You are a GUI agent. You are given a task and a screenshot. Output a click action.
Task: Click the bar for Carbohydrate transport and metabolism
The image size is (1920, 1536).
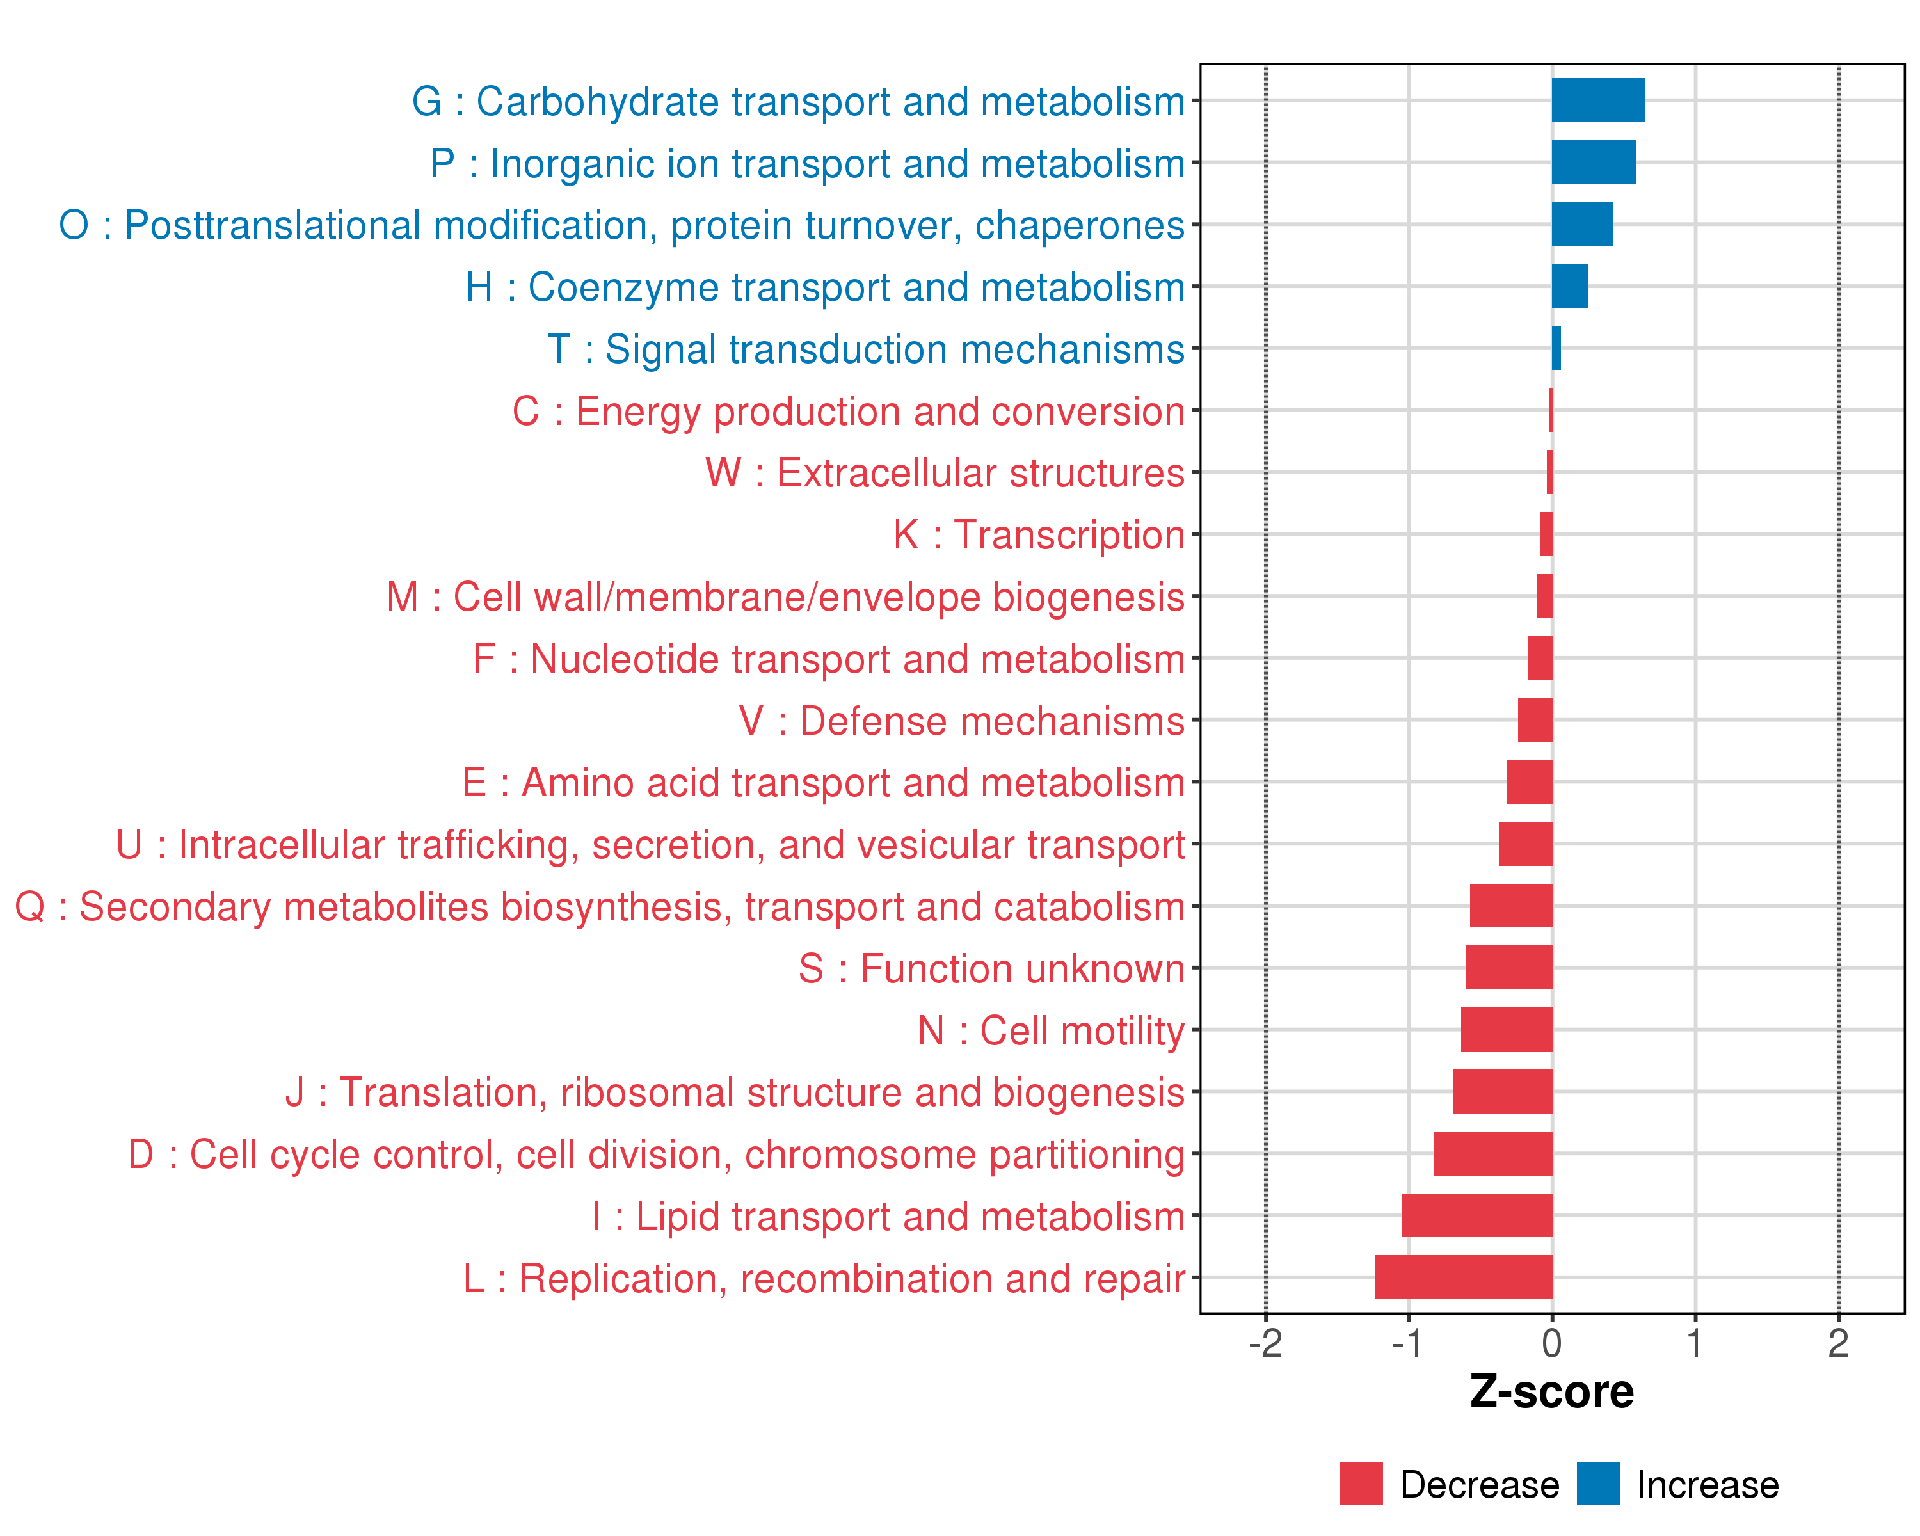[x=1597, y=100]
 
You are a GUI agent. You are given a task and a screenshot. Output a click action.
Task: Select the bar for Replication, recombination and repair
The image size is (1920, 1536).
[x=1463, y=1277]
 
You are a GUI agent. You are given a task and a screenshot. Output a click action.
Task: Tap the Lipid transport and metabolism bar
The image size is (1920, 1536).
[x=1476, y=1215]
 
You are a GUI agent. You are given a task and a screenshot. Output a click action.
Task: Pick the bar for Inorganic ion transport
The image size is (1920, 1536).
[x=1593, y=162]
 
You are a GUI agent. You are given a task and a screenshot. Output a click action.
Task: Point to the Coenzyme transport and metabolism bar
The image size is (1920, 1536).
[x=1569, y=286]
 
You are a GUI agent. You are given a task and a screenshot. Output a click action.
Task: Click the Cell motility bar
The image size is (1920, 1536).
[x=1506, y=1029]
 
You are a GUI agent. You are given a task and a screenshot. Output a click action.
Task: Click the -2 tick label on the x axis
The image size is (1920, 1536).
[x=1265, y=1343]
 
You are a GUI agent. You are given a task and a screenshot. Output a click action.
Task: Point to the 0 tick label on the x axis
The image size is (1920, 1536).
[x=1551, y=1343]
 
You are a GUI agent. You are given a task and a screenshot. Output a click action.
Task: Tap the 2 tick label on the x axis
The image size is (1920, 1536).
[x=1838, y=1343]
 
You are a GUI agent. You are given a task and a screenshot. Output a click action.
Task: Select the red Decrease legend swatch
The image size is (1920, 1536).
[x=1361, y=1484]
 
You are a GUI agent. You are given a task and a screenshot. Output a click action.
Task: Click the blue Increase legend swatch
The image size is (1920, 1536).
[x=1597, y=1484]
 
